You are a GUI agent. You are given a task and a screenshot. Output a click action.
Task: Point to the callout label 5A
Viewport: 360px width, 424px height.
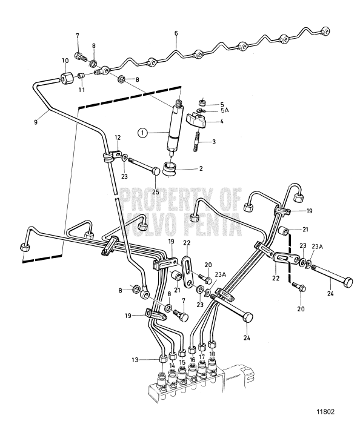(225, 111)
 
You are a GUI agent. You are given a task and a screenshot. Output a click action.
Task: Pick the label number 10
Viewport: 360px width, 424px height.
(65, 61)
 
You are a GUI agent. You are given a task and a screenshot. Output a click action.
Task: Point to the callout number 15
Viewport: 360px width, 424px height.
(182, 363)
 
